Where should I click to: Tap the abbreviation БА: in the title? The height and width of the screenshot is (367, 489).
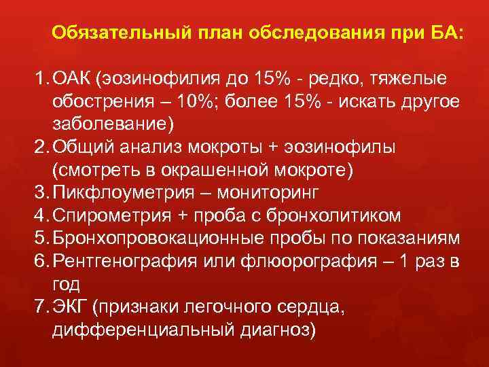tap(442, 33)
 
